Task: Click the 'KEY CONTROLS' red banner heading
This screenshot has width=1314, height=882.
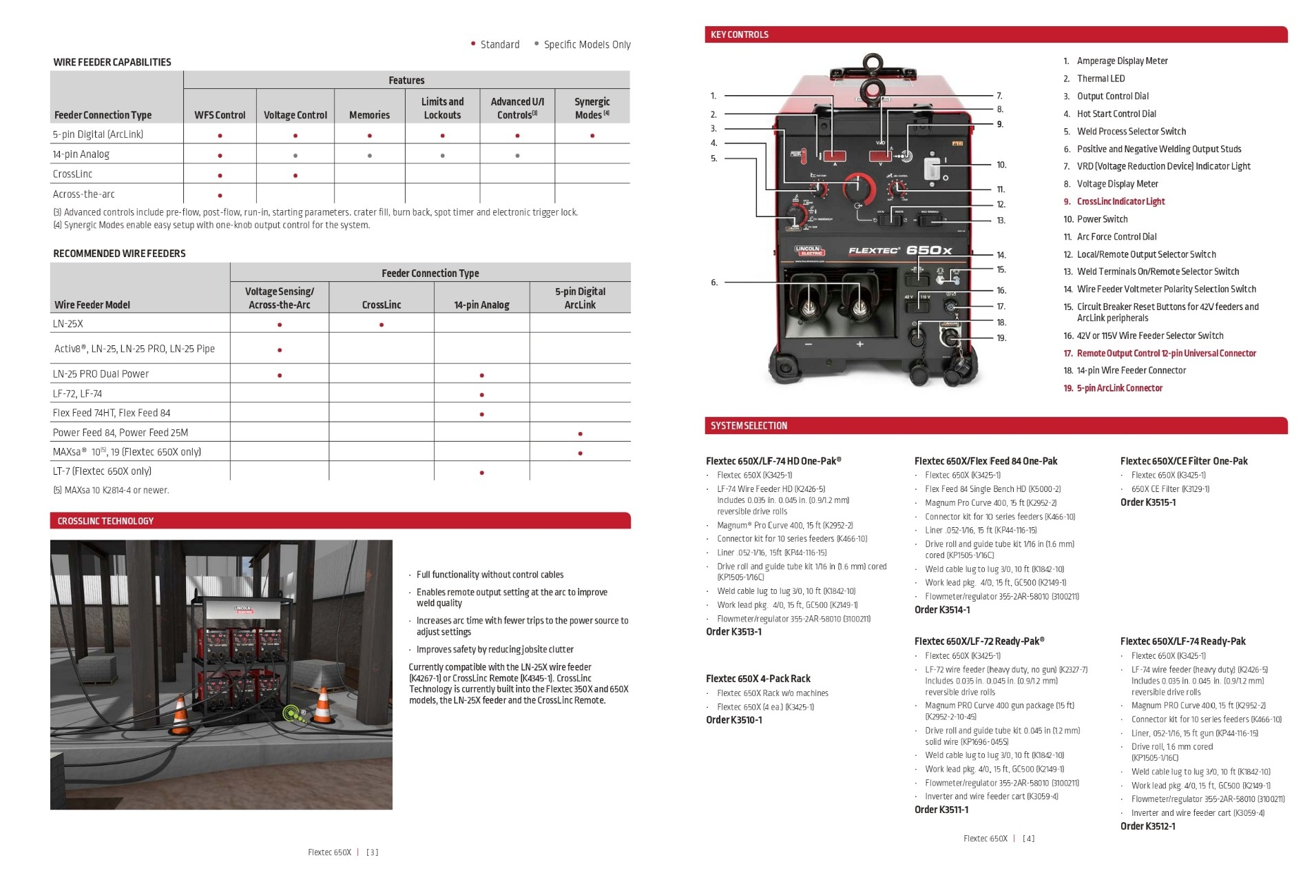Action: (x=739, y=34)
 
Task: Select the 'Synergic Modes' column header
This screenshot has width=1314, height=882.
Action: (x=592, y=108)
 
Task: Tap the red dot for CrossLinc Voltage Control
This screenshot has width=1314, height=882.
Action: (x=295, y=176)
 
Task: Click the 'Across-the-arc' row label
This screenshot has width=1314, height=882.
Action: (x=84, y=194)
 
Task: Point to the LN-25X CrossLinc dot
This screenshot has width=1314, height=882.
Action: (x=382, y=325)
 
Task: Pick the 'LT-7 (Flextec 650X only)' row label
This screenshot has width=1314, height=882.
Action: (x=102, y=471)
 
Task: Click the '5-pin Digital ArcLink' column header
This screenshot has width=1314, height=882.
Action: (x=580, y=298)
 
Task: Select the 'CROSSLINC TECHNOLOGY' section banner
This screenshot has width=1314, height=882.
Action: (x=105, y=521)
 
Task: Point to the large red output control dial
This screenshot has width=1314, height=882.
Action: (x=859, y=186)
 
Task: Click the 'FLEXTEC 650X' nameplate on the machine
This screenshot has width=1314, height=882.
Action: (x=900, y=250)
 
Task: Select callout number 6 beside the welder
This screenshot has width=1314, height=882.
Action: (x=714, y=283)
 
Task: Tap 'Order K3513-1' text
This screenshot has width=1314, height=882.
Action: (x=733, y=632)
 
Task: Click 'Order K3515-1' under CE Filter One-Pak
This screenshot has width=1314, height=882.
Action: (x=1147, y=502)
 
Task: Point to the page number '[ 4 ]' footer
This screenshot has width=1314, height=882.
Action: (x=1028, y=839)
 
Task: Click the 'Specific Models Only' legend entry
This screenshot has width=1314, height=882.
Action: (x=586, y=45)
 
